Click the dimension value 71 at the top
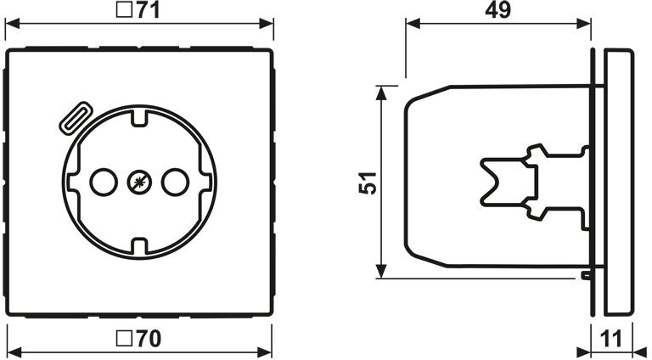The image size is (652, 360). [x=148, y=10]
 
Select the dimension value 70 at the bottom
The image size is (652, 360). [x=149, y=339]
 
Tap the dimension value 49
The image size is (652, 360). [x=497, y=10]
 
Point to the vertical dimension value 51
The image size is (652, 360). [x=368, y=182]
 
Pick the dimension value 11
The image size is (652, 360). [x=611, y=339]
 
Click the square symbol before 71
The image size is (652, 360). [x=123, y=10]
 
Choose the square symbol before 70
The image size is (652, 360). [x=123, y=339]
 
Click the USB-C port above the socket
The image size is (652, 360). [x=74, y=119]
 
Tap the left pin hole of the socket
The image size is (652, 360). [x=104, y=182]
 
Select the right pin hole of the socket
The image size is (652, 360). [x=175, y=182]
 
